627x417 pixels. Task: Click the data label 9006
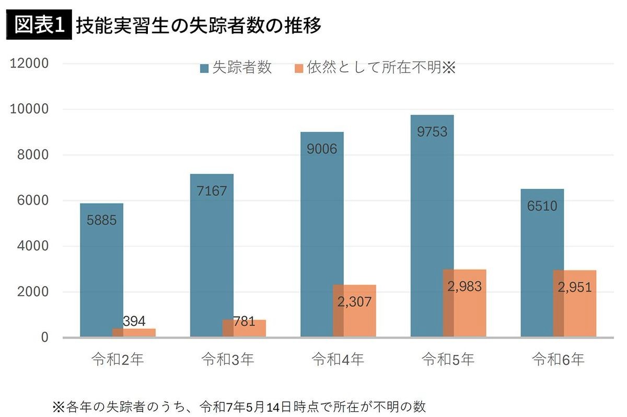coord(322,149)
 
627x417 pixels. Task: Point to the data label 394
coord(134,321)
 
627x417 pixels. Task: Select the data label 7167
coord(212,190)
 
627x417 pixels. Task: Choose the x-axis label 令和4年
coord(338,360)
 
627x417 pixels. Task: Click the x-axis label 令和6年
coord(558,360)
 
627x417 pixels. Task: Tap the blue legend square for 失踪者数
coord(204,69)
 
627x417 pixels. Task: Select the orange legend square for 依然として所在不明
coord(299,69)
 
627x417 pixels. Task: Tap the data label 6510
coord(542,206)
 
